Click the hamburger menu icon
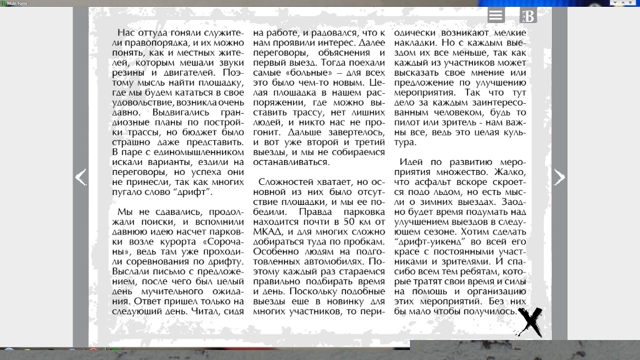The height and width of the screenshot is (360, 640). coord(496,16)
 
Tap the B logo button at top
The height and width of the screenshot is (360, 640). coord(528,16)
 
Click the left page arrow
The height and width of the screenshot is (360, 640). coord(81,177)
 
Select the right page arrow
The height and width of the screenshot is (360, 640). coord(559,177)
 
